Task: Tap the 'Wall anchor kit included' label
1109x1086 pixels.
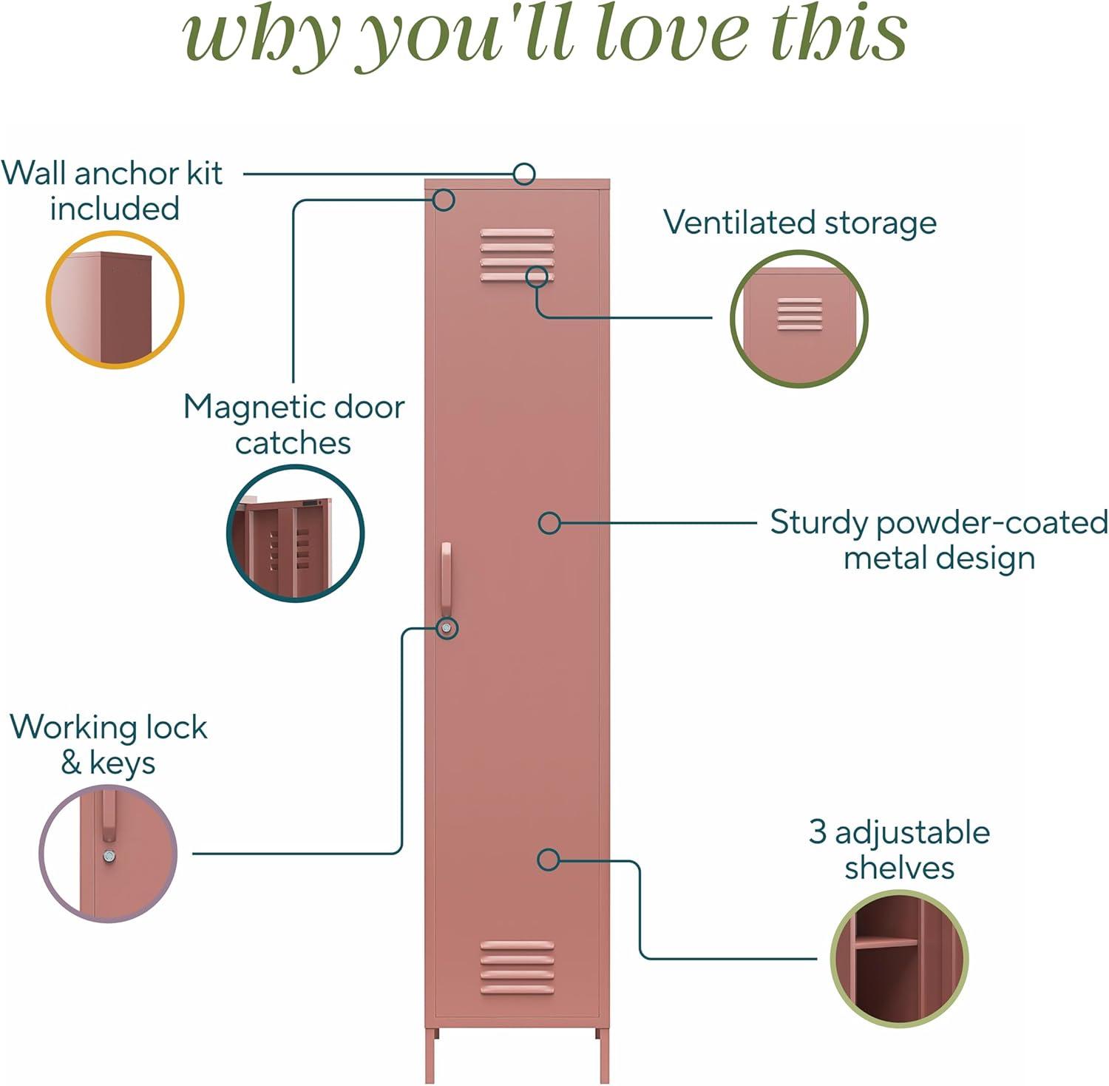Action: (x=112, y=191)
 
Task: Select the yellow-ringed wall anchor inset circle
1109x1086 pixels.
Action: (x=115, y=300)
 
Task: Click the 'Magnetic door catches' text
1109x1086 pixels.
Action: (x=294, y=425)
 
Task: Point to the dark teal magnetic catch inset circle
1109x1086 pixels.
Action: (x=294, y=533)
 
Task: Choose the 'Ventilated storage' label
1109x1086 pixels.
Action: (x=799, y=222)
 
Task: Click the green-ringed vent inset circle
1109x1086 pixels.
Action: (x=798, y=318)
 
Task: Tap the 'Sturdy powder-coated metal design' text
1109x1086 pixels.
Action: (x=939, y=539)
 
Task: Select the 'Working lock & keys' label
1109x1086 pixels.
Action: (x=109, y=744)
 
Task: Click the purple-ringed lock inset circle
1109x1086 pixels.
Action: (x=108, y=854)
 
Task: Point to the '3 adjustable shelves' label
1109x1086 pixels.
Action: (x=899, y=849)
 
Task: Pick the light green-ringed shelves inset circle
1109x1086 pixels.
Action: (x=898, y=958)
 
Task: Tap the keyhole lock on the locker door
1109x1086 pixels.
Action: (x=447, y=628)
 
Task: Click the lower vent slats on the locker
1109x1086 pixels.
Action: (x=517, y=967)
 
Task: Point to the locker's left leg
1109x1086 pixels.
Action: (x=431, y=1054)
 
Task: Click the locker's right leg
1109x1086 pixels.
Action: (x=604, y=1054)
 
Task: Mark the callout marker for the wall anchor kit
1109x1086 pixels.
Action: (x=524, y=174)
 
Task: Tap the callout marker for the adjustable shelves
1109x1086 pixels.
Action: (x=548, y=860)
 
